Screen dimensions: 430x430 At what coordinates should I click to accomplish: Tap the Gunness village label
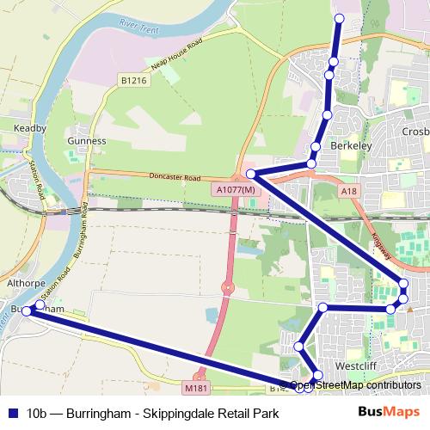pyautogui.click(x=87, y=140)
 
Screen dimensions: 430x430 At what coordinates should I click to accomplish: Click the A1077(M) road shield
pyautogui.click(x=236, y=189)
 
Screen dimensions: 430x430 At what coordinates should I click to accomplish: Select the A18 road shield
pyautogui.click(x=348, y=191)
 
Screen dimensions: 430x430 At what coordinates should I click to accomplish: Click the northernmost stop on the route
pyautogui.click(x=338, y=18)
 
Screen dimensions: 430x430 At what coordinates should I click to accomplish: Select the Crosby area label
pyautogui.click(x=414, y=132)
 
